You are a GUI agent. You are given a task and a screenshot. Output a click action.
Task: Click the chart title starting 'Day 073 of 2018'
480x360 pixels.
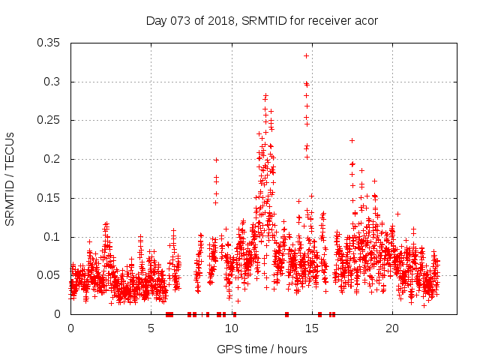click(261, 20)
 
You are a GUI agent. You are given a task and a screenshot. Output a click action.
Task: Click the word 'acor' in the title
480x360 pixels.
click(365, 20)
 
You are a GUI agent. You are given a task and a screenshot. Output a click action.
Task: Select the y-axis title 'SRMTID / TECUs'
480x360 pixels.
click(10, 178)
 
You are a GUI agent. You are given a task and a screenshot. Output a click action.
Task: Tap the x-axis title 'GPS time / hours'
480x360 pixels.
click(261, 349)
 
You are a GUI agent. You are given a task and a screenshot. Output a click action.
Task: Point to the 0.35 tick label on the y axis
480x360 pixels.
click(49, 43)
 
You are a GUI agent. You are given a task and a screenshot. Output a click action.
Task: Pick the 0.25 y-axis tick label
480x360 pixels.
click(49, 120)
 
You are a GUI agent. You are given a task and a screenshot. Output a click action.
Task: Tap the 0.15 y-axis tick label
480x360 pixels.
click(49, 198)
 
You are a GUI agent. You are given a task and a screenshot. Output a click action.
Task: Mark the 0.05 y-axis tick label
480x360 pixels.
click(49, 275)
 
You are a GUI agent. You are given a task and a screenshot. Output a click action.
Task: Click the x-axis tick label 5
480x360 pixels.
click(151, 328)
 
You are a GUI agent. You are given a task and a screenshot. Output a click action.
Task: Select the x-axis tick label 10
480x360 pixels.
click(232, 328)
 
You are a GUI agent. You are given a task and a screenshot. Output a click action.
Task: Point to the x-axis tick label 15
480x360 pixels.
click(312, 328)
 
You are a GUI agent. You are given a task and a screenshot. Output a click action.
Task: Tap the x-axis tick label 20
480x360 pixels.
click(392, 328)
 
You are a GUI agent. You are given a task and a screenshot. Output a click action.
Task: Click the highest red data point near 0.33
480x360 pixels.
click(306, 55)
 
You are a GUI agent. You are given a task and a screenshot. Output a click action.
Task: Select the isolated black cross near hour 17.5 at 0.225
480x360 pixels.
click(352, 140)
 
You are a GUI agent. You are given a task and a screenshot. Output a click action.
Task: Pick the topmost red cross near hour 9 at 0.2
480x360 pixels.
click(216, 160)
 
